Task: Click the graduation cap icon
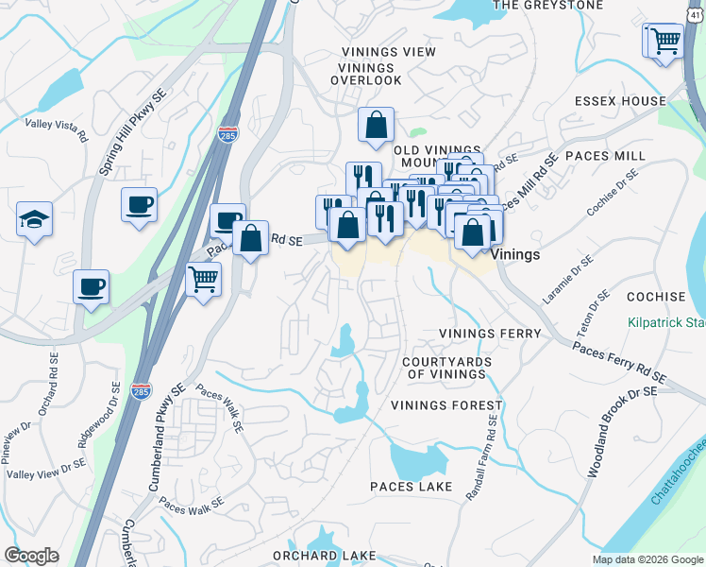coord(34,221)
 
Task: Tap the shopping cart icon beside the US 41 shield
coord(665,41)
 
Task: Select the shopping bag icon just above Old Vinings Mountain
coord(376,125)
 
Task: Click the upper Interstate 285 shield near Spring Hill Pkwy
coord(227,133)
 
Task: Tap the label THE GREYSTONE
coord(547,5)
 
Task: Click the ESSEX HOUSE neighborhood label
coord(620,101)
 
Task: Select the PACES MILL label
coord(611,155)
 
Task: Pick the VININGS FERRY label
coord(490,335)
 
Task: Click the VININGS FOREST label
coord(447,405)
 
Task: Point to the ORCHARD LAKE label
coord(324,555)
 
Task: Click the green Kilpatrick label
coord(666,322)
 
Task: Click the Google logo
coord(31,556)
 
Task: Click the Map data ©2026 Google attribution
coord(647,559)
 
